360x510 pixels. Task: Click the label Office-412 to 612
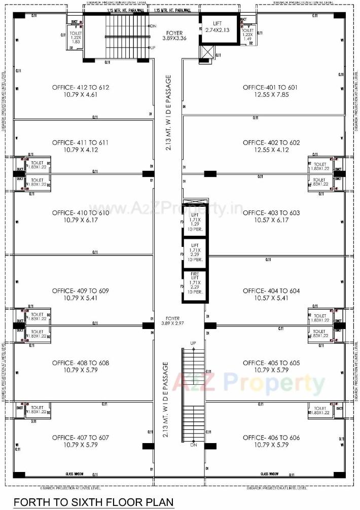[80, 87]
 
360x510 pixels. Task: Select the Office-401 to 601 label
[271, 87]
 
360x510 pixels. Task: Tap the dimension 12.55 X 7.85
[271, 94]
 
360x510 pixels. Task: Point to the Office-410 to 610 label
[80, 213]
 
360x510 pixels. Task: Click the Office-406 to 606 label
[271, 438]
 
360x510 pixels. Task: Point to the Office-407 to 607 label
[80, 438]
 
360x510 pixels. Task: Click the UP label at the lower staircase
[193, 343]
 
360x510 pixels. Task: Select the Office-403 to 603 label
[271, 213]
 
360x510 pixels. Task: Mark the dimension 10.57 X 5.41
[271, 298]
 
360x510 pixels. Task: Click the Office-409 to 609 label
[80, 291]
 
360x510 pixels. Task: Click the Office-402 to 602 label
[271, 142]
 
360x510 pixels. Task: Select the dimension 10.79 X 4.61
[80, 94]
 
